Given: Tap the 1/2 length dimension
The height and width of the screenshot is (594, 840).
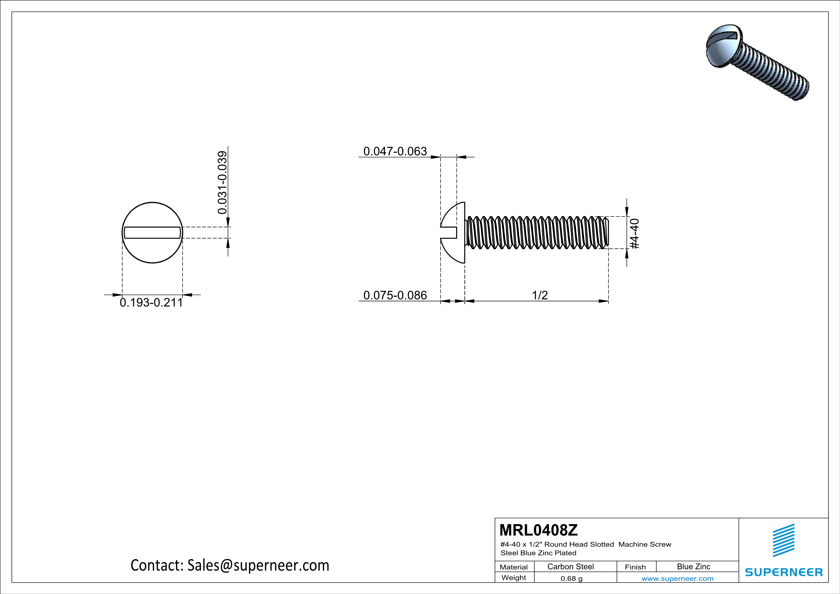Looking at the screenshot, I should pyautogui.click(x=540, y=295).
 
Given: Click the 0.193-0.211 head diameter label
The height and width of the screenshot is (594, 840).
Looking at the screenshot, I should pyautogui.click(x=151, y=303).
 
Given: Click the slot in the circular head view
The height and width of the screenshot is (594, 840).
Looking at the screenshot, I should pyautogui.click(x=152, y=233).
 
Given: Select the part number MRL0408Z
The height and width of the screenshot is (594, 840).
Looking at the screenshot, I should pyautogui.click(x=538, y=530).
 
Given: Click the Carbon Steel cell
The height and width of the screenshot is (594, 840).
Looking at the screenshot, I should pyautogui.click(x=570, y=566).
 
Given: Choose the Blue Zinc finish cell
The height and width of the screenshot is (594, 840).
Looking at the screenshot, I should pyautogui.click(x=693, y=566).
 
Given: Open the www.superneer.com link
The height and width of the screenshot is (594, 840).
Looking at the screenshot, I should pyautogui.click(x=677, y=578).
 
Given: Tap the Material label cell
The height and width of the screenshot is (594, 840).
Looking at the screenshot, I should pyautogui.click(x=514, y=567).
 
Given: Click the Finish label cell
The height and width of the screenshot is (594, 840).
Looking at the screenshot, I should pyautogui.click(x=635, y=567).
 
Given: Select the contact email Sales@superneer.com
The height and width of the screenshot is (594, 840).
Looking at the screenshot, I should pyautogui.click(x=258, y=565).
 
